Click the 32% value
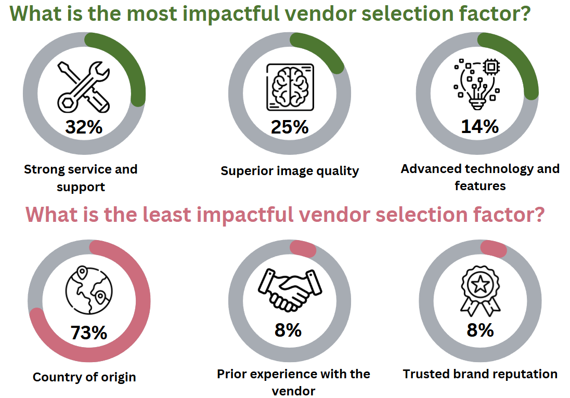(84, 127)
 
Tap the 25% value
(290, 127)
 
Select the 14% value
(480, 126)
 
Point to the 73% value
(89, 332)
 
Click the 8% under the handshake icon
(288, 329)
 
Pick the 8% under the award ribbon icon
(480, 329)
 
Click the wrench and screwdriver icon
(84, 86)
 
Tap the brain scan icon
(290, 87)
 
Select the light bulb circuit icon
(476, 84)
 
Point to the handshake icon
(287, 289)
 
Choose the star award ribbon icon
(480, 290)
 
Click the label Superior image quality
(290, 171)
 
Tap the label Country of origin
(84, 377)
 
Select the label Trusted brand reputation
(480, 374)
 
